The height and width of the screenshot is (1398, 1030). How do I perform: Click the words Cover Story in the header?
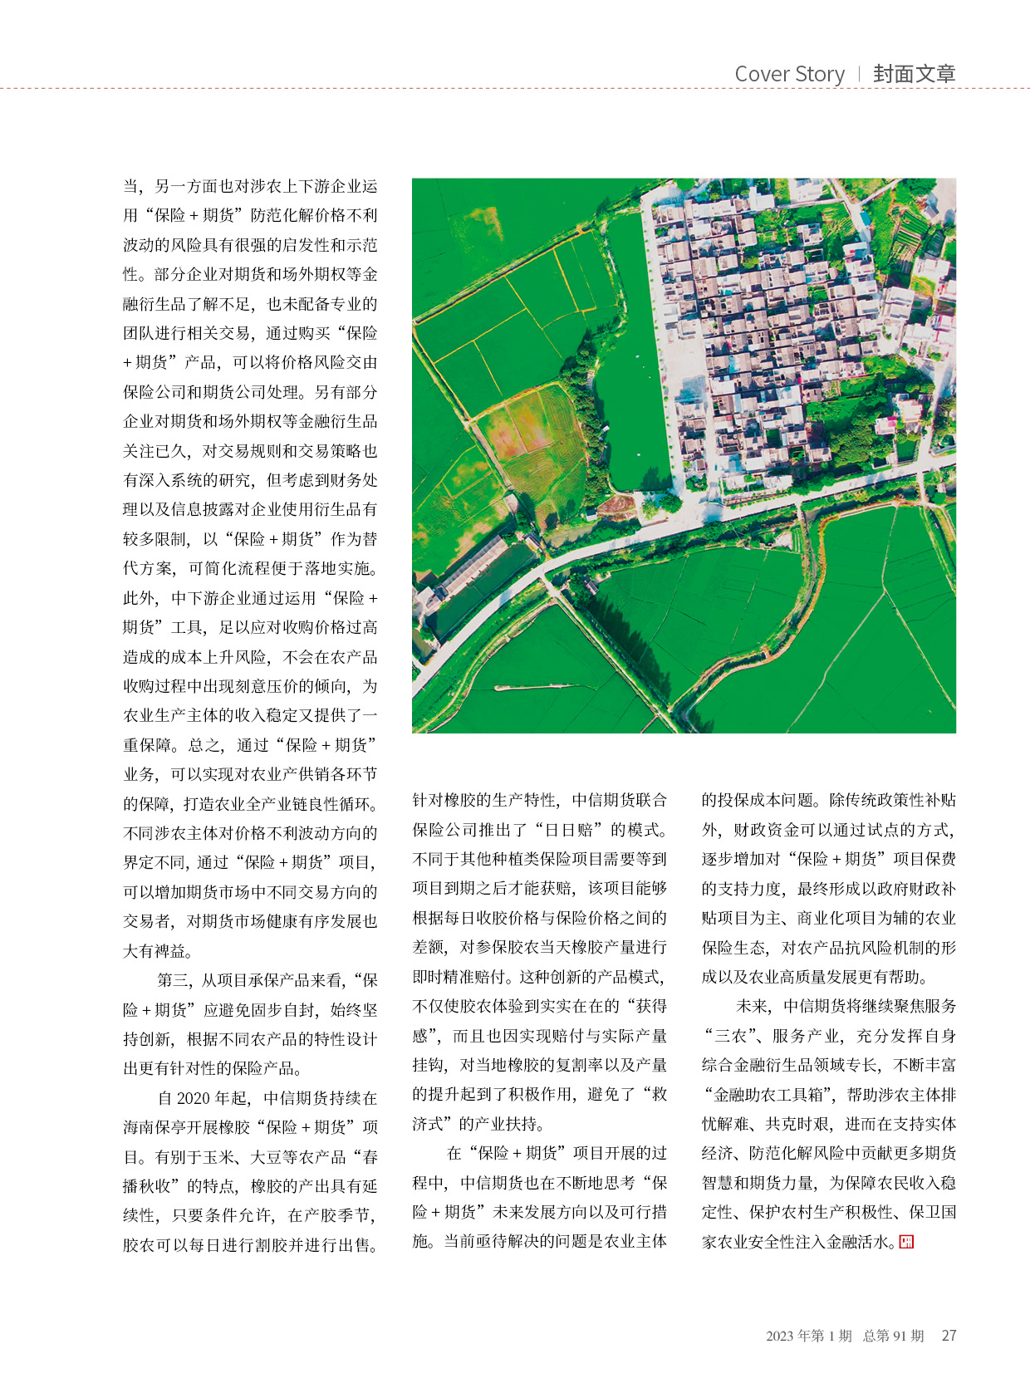click(x=789, y=74)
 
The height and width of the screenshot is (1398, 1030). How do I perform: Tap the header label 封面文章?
click(x=914, y=74)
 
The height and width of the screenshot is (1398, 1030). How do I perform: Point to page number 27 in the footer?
click(x=949, y=1336)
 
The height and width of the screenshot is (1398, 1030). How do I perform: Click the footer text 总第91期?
click(x=893, y=1336)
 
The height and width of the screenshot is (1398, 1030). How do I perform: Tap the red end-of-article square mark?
click(x=906, y=1242)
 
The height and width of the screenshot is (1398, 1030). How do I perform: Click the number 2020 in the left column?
click(x=194, y=1098)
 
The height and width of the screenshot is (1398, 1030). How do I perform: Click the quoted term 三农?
click(x=730, y=1036)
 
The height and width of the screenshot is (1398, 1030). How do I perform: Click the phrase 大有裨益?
click(x=154, y=951)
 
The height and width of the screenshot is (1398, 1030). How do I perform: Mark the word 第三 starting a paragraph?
click(x=173, y=980)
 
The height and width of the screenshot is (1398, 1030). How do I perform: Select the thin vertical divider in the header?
click(x=859, y=74)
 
